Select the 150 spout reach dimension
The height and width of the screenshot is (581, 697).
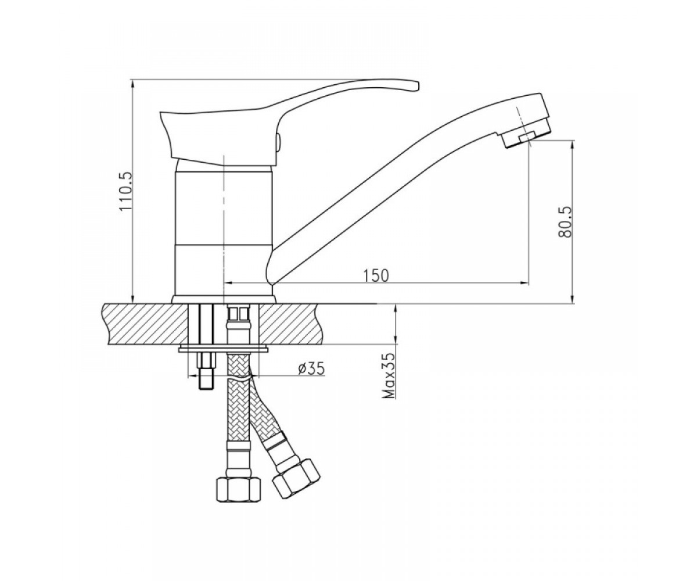(376, 275)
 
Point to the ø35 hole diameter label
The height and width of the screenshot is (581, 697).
(311, 370)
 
